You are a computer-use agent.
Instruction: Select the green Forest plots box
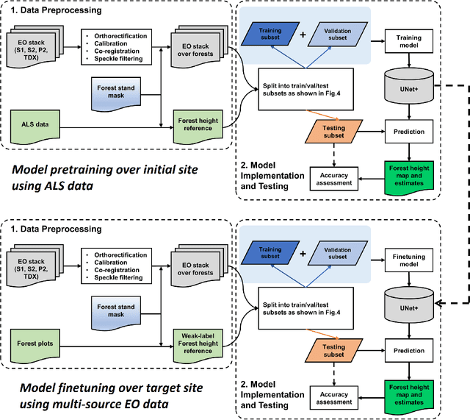click(x=43, y=341)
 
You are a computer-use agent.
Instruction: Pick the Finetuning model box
click(x=409, y=257)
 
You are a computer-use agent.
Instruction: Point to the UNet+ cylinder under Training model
click(x=409, y=90)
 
